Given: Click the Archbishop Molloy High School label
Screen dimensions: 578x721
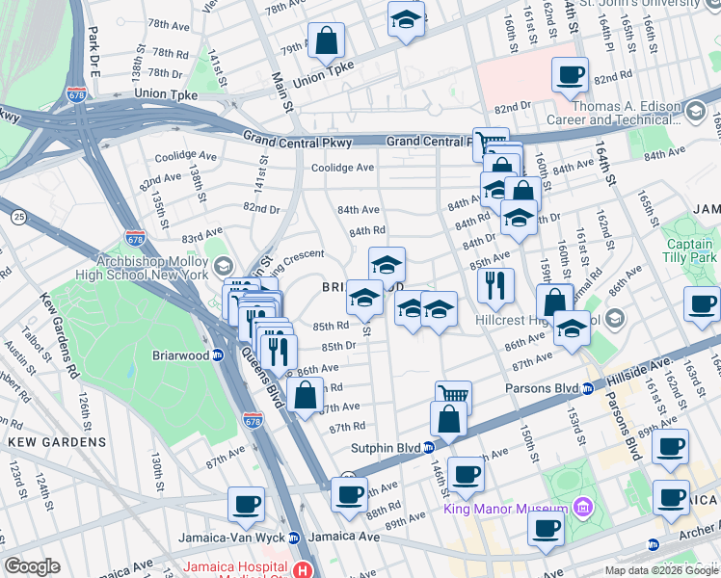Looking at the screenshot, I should coord(152,267).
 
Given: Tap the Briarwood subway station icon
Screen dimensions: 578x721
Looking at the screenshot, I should coord(218,354).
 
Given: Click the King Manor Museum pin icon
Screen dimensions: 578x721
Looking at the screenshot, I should coord(581,508).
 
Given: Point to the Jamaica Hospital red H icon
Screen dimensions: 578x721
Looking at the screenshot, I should coord(305,570).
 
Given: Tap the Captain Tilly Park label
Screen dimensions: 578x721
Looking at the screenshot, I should coord(689,250).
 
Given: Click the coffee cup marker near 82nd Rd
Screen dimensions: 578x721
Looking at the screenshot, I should coord(570,74).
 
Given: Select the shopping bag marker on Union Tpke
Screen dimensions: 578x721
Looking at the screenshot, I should coord(327,40).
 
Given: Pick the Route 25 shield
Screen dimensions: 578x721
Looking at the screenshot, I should coord(18,219).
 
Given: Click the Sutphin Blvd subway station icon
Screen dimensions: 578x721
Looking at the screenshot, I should coord(429,447).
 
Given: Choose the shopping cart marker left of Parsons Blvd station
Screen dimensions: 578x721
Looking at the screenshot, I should coord(452,396).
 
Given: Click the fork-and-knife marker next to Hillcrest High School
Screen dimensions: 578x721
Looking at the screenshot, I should coord(495,284).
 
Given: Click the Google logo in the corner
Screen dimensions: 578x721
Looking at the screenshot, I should coord(32,566).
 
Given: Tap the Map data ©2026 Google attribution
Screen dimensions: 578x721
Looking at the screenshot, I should coord(660,570).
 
